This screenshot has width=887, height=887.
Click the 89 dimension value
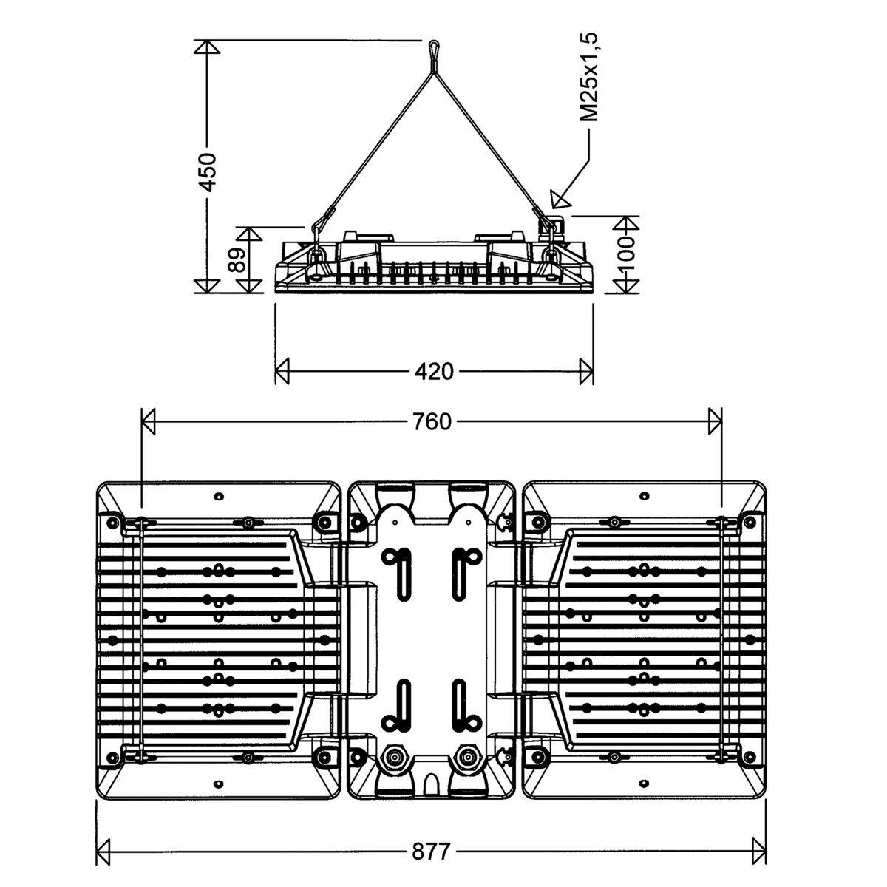point(237,260)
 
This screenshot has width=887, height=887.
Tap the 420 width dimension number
point(434,372)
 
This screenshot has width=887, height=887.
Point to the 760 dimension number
point(432,422)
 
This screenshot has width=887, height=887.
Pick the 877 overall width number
point(430,852)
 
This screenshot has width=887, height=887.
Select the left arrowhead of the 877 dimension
point(104,851)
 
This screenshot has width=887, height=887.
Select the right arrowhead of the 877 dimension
point(758,851)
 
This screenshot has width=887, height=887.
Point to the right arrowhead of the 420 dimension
point(586,372)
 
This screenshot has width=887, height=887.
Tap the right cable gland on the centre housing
point(467,758)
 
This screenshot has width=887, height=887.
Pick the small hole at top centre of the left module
point(217,495)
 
